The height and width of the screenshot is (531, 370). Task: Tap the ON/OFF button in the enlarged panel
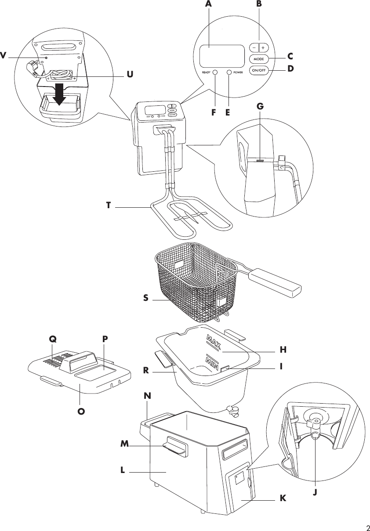tap(258, 70)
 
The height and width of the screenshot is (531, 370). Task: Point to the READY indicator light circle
tap(215, 72)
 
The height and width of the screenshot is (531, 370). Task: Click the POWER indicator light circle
tap(229, 72)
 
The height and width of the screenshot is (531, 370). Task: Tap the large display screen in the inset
tap(221, 56)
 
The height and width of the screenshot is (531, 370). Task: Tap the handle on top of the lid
tap(79, 361)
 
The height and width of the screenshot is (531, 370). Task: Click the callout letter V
tap(3, 55)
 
